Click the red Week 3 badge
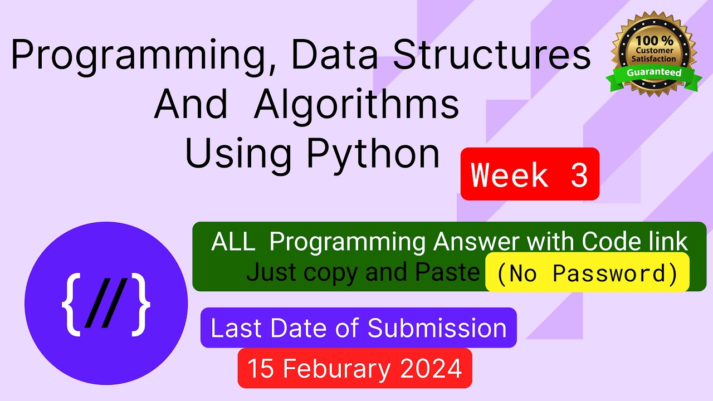pyautogui.click(x=530, y=174)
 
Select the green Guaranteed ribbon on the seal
pyautogui.click(x=654, y=73)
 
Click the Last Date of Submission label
pyautogui.click(x=358, y=328)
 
